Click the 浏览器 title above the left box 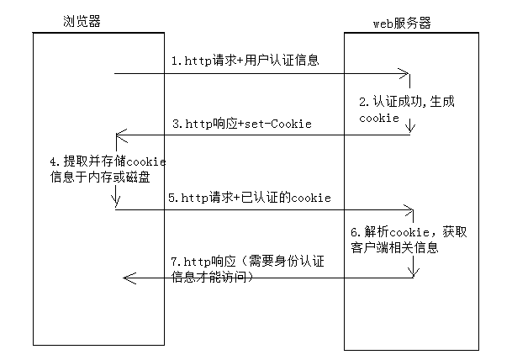coord(82,22)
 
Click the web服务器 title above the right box coord(402,24)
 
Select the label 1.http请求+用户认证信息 coord(245,61)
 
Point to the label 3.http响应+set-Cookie coord(241,124)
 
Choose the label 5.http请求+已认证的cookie coord(249,198)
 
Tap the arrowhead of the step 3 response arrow coord(119,135)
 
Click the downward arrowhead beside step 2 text coord(410,130)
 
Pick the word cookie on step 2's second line coord(378,119)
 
